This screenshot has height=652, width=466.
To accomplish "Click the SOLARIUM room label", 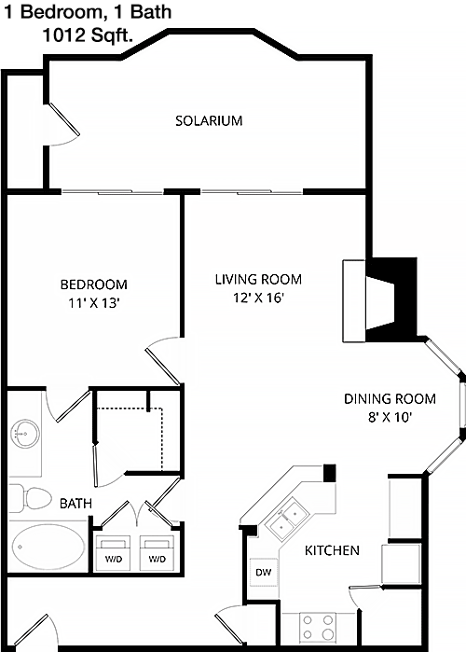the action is click(209, 120).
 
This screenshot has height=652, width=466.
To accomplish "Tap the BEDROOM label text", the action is click(94, 284).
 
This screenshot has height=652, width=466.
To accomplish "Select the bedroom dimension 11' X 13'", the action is click(94, 303).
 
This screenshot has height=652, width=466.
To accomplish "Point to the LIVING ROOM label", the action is click(258, 279).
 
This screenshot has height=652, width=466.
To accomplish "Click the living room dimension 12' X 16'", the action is click(258, 298).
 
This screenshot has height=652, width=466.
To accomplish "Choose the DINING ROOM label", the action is click(390, 399).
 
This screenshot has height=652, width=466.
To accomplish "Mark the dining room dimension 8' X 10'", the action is click(390, 417).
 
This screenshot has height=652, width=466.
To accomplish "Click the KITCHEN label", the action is click(332, 550).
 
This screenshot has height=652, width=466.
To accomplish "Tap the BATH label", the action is click(75, 504).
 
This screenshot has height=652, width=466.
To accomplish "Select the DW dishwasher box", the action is click(264, 572).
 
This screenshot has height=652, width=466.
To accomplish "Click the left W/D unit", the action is click(114, 554).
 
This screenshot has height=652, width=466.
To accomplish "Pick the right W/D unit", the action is click(157, 554).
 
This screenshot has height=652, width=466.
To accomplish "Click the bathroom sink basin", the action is click(25, 434).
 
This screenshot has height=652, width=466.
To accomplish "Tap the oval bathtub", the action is click(48, 547).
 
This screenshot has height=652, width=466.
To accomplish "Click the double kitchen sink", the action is click(288, 520).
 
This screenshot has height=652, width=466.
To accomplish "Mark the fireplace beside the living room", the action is click(379, 300).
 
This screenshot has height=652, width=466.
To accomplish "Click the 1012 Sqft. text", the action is click(88, 35).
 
